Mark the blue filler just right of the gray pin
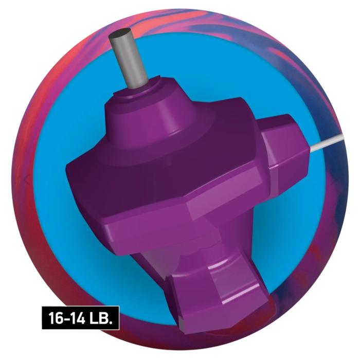pyautogui.click(x=170, y=57)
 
